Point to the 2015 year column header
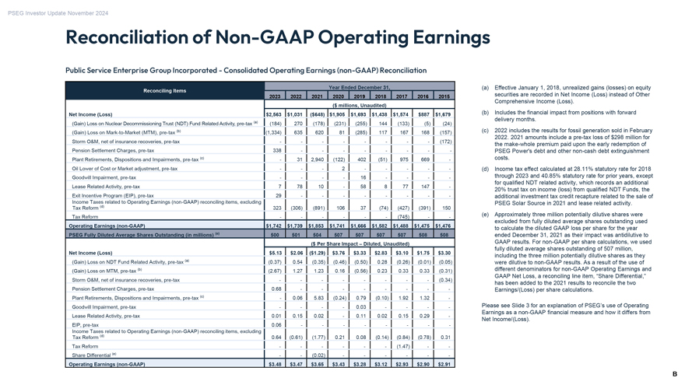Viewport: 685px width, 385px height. (x=444, y=96)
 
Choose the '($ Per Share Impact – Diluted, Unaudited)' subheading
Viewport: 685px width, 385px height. (x=359, y=243)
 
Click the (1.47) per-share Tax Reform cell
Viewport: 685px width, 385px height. (x=399, y=346)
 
